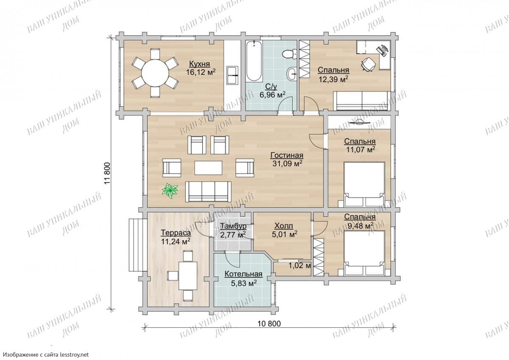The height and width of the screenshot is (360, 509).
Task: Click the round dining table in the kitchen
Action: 155,73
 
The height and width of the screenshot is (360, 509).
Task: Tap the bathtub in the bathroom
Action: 254,61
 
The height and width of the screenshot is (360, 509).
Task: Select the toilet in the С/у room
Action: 289,54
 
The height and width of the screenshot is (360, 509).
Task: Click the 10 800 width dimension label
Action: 269,323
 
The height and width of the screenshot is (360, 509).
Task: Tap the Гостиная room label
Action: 287,155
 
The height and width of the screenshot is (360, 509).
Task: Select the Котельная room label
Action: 243,274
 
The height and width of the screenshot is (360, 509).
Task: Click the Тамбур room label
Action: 233,226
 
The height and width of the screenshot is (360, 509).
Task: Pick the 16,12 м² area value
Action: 201,72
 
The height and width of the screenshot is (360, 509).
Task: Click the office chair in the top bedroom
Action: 368,64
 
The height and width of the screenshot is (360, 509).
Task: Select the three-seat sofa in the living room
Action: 208,192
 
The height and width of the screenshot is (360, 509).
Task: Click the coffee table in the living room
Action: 208,168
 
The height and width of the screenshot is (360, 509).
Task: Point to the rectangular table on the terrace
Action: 187,276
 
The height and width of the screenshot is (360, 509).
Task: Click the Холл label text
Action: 284,226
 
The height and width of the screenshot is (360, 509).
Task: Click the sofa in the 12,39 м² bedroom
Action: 362,101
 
